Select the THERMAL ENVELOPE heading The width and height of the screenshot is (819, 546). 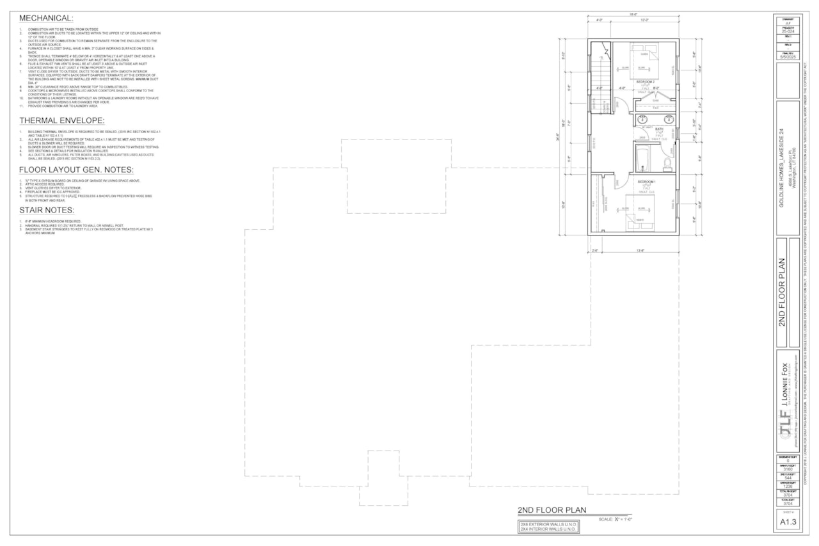coord(62,120)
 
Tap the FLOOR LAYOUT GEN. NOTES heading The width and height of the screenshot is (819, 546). coord(76,170)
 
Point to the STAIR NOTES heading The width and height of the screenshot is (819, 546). coord(47,210)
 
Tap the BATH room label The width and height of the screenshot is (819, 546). coord(659,129)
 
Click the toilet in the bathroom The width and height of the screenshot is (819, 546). coord(668,164)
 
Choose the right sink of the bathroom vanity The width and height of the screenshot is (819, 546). coord(669,120)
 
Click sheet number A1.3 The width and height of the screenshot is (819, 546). coord(788,522)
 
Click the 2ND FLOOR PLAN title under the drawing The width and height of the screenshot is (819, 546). coord(555,510)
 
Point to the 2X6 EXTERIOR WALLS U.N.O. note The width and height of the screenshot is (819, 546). coord(548,524)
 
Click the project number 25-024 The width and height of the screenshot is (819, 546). coord(788,31)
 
